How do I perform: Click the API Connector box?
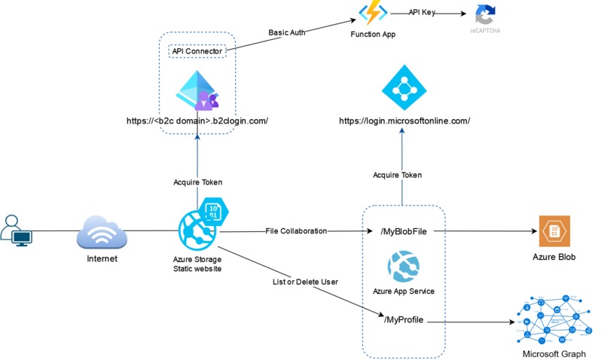click(197, 51)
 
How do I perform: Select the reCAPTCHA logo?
click(486, 16)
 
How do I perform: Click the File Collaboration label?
click(296, 231)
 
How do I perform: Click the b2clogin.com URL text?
click(198, 121)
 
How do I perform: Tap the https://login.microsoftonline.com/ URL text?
click(404, 121)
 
